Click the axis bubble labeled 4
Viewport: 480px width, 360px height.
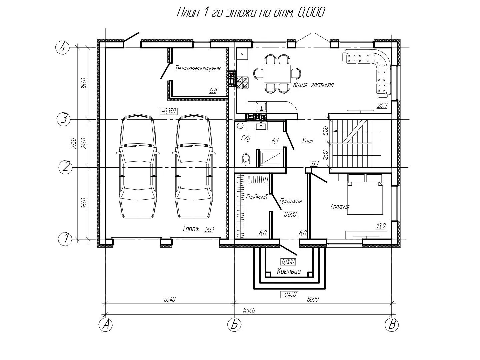[x=63, y=48]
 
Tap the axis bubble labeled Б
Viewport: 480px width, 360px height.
[x=234, y=324]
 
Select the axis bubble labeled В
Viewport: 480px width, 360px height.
[x=392, y=324]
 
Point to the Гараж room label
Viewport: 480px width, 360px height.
[x=191, y=229]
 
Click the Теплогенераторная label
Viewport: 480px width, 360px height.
[x=198, y=68]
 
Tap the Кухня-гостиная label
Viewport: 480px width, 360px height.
[x=313, y=85]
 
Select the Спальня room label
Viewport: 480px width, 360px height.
[x=340, y=207]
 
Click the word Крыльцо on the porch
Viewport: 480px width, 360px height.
[x=289, y=271]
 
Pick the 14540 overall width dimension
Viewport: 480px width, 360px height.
[x=249, y=310]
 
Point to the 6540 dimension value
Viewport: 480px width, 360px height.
[x=170, y=299]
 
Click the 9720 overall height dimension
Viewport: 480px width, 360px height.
[x=74, y=143]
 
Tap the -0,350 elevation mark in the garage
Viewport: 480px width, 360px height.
[x=169, y=111]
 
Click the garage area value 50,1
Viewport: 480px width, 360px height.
[x=209, y=229]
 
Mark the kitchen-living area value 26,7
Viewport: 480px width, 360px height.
[x=382, y=106]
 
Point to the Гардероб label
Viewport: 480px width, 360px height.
[x=257, y=197]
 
